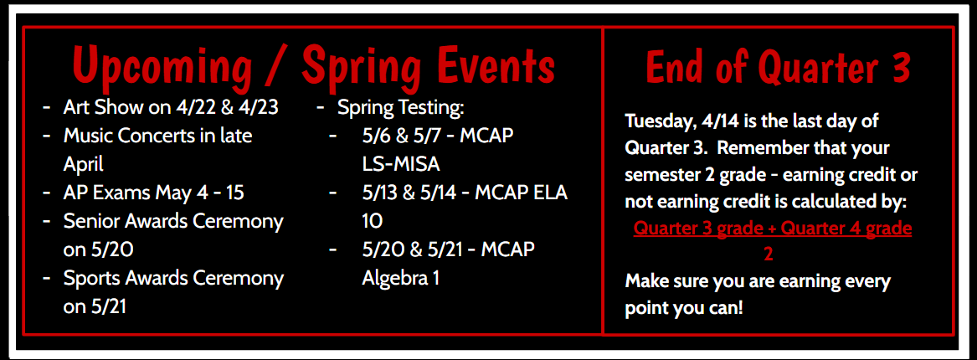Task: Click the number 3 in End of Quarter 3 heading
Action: click(900, 66)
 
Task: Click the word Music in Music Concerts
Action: click(89, 135)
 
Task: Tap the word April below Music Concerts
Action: click(83, 163)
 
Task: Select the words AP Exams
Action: click(106, 193)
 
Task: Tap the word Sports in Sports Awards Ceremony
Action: click(90, 278)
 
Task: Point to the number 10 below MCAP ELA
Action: click(373, 221)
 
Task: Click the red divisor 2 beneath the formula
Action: click(769, 254)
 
